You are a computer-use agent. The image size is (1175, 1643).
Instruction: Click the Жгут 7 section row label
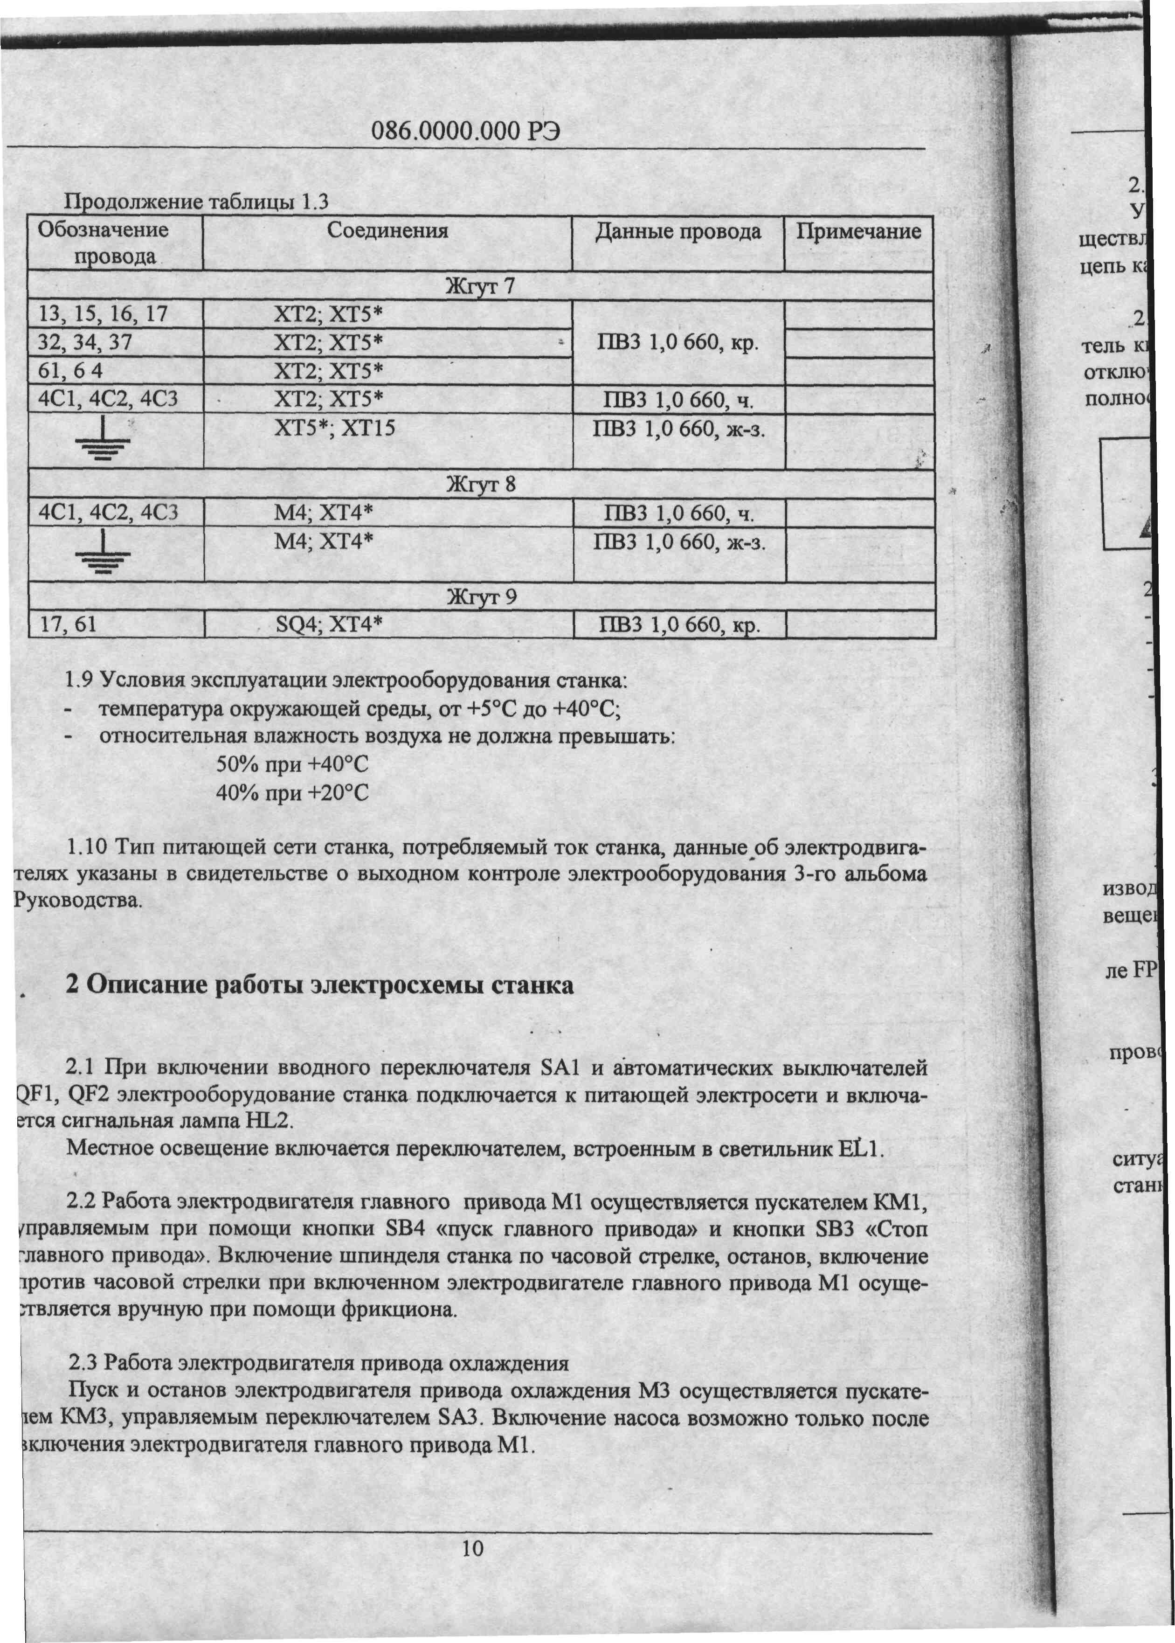tap(480, 286)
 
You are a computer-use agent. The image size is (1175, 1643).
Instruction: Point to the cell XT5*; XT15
tap(334, 428)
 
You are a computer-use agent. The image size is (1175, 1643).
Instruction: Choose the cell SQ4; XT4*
tap(328, 624)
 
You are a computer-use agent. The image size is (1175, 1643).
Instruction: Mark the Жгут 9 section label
tap(481, 597)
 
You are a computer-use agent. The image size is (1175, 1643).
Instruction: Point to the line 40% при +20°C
tap(292, 794)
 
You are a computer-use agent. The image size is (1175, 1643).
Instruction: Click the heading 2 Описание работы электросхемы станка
tap(320, 985)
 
